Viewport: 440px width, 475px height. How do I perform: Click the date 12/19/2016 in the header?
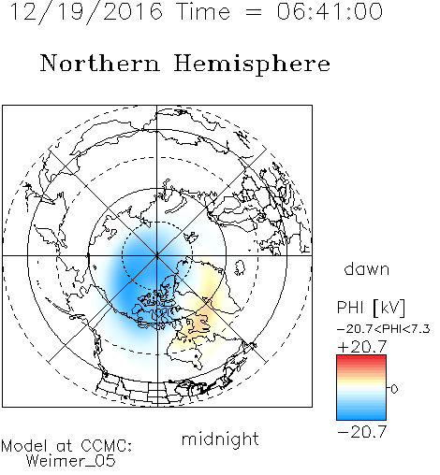coord(86,12)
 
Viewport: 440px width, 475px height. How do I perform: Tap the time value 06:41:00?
coord(330,12)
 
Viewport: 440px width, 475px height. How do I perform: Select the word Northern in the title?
coord(100,64)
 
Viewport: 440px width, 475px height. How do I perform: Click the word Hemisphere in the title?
coord(252,65)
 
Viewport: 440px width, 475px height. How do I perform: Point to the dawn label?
coord(367,268)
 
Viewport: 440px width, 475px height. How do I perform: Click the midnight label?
coord(220,439)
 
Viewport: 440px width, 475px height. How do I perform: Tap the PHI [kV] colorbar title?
coord(372,308)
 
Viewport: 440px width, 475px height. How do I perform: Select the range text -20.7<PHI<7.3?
coord(384,329)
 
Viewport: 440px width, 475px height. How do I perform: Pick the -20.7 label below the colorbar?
coord(362,432)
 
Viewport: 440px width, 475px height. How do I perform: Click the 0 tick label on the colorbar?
coord(394,389)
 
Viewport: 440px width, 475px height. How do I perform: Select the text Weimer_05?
coord(70,461)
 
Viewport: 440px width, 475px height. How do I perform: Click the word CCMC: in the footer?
coord(106,446)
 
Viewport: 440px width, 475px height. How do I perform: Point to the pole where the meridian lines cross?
coord(157,255)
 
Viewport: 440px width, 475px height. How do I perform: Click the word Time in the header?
coord(203,12)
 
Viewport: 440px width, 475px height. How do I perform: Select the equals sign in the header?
coord(253,12)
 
